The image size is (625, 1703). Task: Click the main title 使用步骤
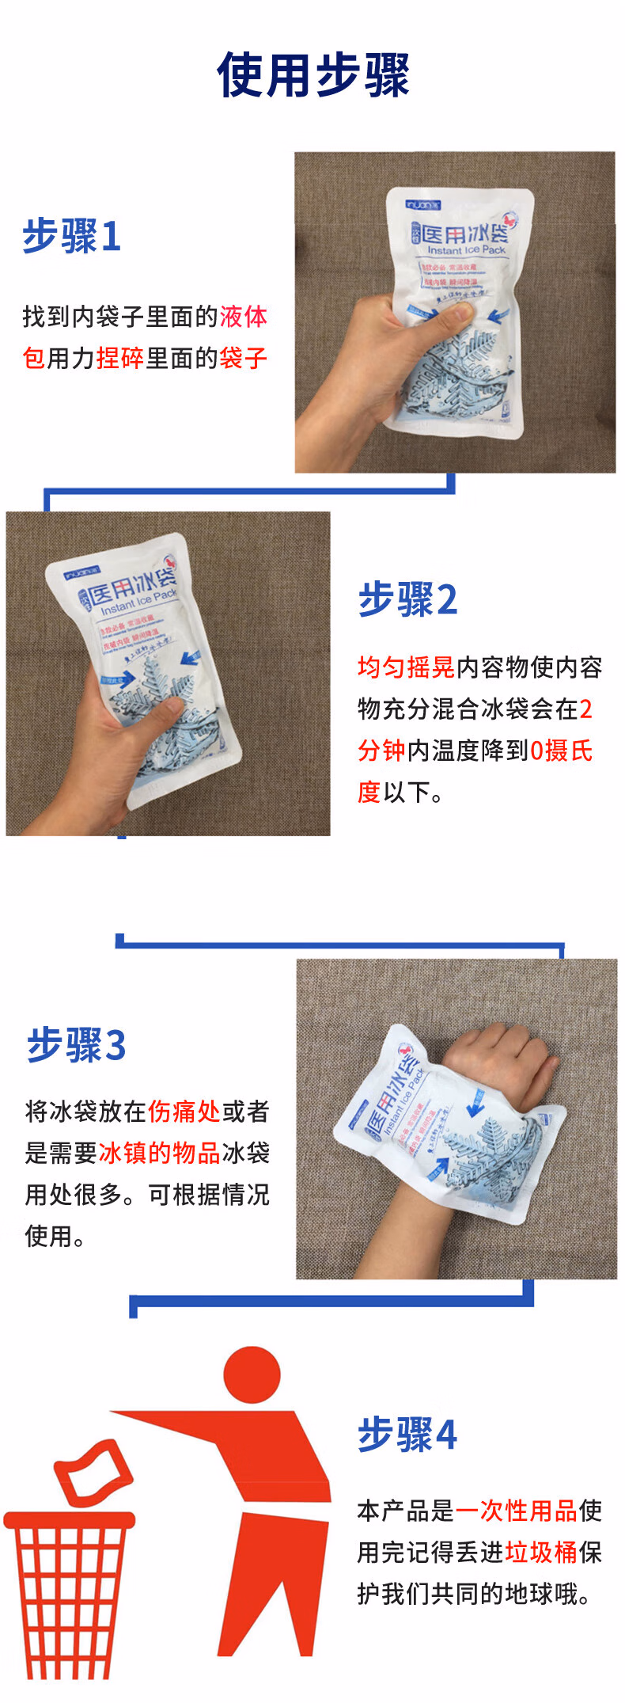(x=312, y=76)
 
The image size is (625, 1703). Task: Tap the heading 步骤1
(x=72, y=236)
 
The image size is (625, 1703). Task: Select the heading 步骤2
(x=407, y=599)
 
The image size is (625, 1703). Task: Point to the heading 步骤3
(x=76, y=1045)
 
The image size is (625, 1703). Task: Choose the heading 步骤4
(x=407, y=1434)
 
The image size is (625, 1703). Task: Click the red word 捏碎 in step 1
(x=119, y=358)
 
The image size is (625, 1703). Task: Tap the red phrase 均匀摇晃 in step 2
(x=406, y=667)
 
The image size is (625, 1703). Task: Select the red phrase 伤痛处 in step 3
(x=184, y=1112)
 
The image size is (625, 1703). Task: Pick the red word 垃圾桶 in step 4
(x=541, y=1552)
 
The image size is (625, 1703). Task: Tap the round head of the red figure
(x=252, y=1375)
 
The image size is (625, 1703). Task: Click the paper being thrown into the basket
(x=93, y=1471)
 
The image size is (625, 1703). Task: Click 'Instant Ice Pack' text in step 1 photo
(x=466, y=250)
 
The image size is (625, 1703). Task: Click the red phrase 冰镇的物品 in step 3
(x=159, y=1153)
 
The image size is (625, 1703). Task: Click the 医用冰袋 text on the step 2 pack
(x=131, y=587)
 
